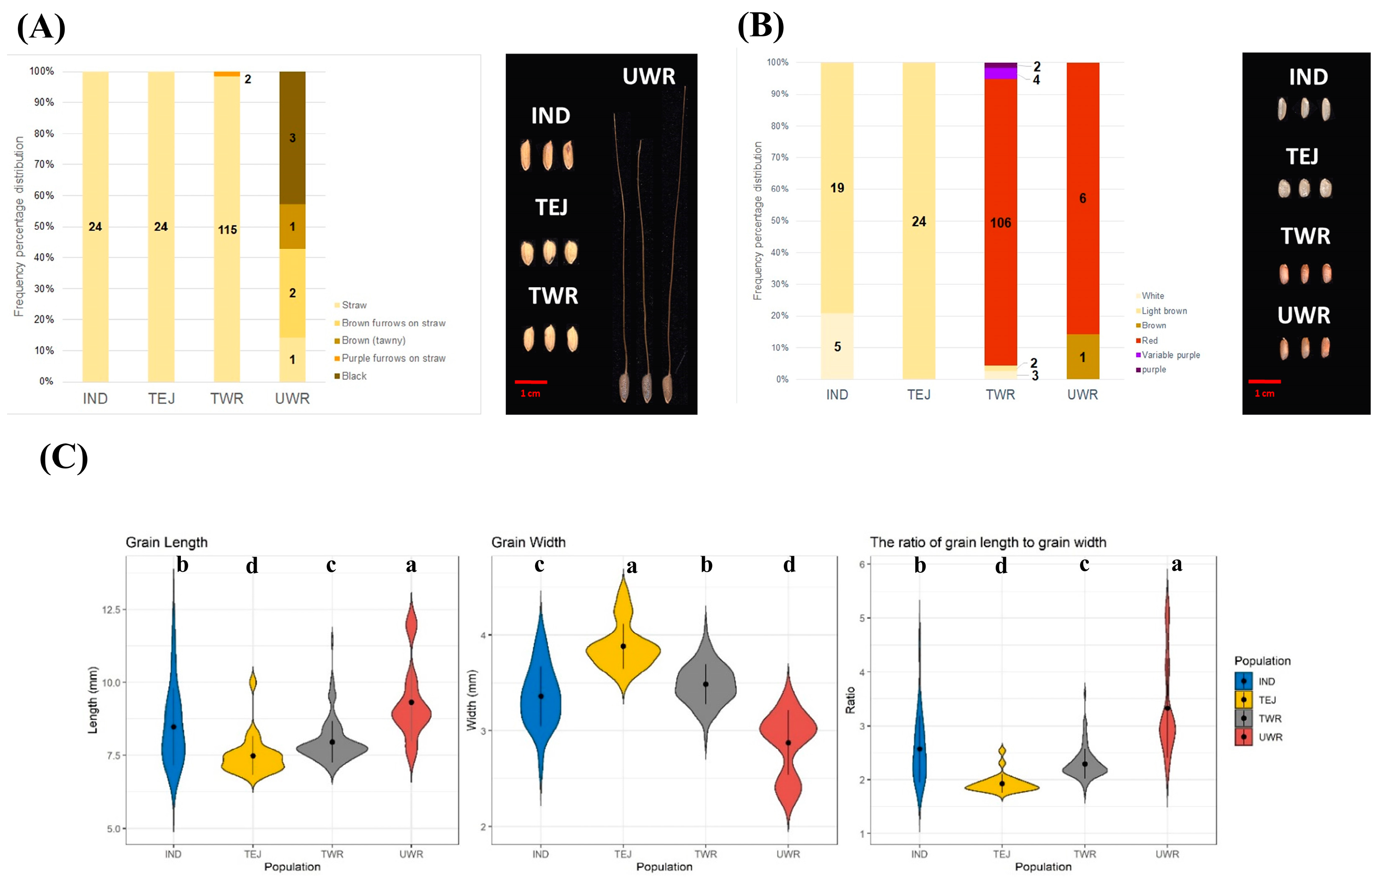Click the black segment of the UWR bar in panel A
click(x=292, y=138)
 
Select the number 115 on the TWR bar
click(x=228, y=230)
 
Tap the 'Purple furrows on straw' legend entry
click(x=393, y=358)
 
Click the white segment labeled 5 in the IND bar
click(x=837, y=346)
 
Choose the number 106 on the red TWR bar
click(x=1001, y=223)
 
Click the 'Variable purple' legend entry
click(x=1170, y=355)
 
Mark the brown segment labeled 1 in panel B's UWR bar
click(x=1082, y=357)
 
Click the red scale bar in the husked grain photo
click(x=530, y=381)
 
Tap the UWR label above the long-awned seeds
click(x=649, y=76)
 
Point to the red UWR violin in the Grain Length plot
click(x=411, y=710)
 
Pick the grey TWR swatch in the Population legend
click(x=1243, y=718)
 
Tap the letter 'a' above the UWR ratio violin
click(x=1177, y=565)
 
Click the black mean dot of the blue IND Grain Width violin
click(x=541, y=696)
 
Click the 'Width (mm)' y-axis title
click(x=471, y=700)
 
